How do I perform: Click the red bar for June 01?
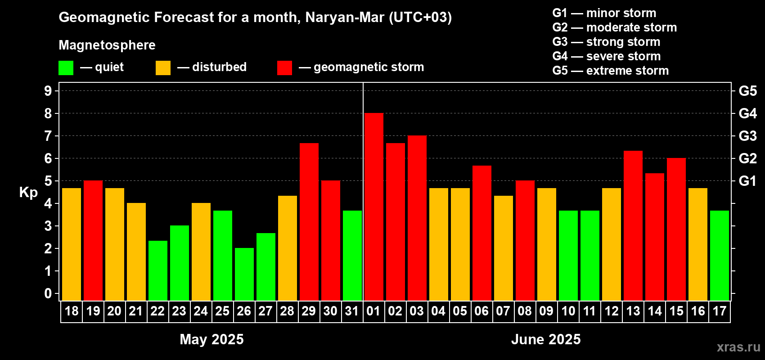[373, 207]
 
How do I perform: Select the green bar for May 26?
[244, 274]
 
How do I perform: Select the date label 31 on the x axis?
[352, 311]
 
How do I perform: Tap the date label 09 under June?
[546, 311]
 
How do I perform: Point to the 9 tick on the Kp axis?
[48, 91]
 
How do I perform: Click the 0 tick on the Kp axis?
[48, 294]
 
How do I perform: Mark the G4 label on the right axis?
[747, 113]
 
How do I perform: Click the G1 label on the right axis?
[747, 181]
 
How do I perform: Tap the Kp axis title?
[28, 193]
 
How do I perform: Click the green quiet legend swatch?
[66, 68]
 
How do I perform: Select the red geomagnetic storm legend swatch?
[284, 68]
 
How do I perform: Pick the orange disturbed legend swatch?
[163, 68]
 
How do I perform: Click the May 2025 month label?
[211, 339]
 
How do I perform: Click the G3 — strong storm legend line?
[606, 42]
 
